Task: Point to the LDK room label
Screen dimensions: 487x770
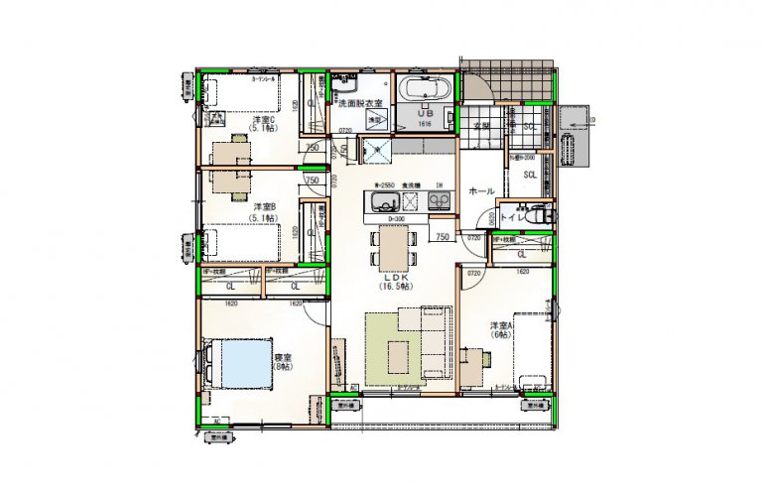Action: [394, 277]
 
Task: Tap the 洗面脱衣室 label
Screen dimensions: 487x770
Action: [359, 103]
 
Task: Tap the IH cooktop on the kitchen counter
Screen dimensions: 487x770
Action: [438, 202]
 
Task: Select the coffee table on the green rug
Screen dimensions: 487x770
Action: [399, 350]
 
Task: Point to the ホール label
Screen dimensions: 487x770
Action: [481, 189]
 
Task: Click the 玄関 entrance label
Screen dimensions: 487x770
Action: [481, 127]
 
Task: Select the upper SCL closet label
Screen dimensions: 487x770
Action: [531, 127]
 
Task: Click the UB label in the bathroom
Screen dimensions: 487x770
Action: [425, 114]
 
